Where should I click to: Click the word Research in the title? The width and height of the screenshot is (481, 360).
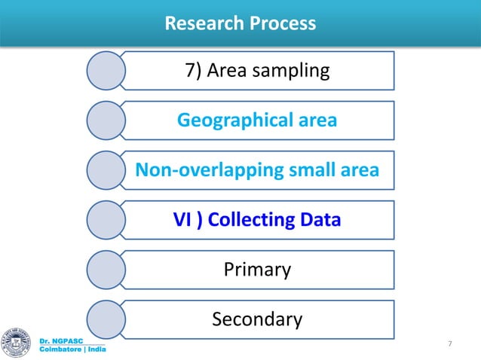[x=200, y=24]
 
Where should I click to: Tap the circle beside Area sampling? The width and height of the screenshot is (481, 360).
[x=106, y=72]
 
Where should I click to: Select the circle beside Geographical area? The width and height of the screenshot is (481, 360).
[x=106, y=121]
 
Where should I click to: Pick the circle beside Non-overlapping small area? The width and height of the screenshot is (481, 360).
[x=106, y=171]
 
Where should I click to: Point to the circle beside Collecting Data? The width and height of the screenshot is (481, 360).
[x=106, y=221]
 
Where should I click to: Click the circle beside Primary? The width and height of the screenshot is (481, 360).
[x=106, y=270]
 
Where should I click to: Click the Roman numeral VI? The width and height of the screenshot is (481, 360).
[x=182, y=221]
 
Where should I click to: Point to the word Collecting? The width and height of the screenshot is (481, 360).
[x=250, y=221]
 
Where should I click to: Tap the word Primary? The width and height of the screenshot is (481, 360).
[x=257, y=270]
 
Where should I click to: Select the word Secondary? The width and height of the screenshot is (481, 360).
[x=257, y=320]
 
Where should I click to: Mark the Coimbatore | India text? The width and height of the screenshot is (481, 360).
[x=72, y=350]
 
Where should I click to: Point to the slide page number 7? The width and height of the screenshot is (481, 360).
[x=450, y=344]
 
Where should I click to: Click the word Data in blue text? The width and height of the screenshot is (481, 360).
[x=320, y=221]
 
